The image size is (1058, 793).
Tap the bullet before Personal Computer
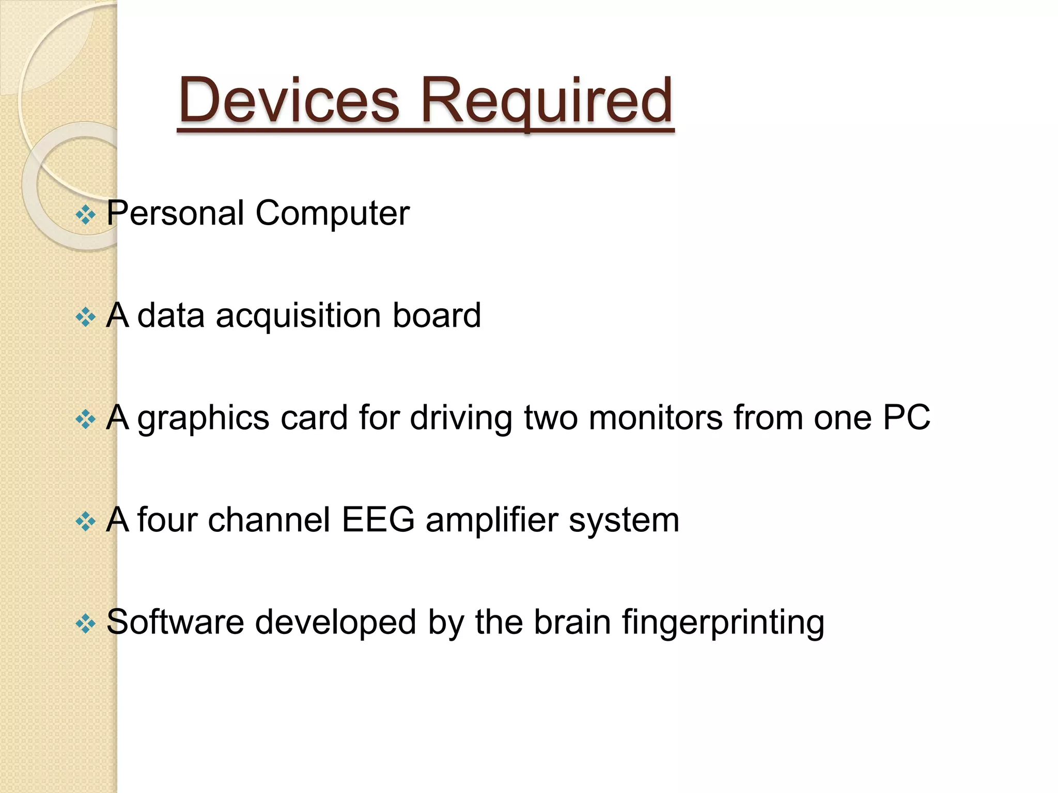point(85,214)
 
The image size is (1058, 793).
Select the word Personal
point(175,213)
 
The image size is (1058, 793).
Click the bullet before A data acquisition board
point(85,316)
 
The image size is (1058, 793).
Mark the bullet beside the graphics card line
point(85,419)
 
